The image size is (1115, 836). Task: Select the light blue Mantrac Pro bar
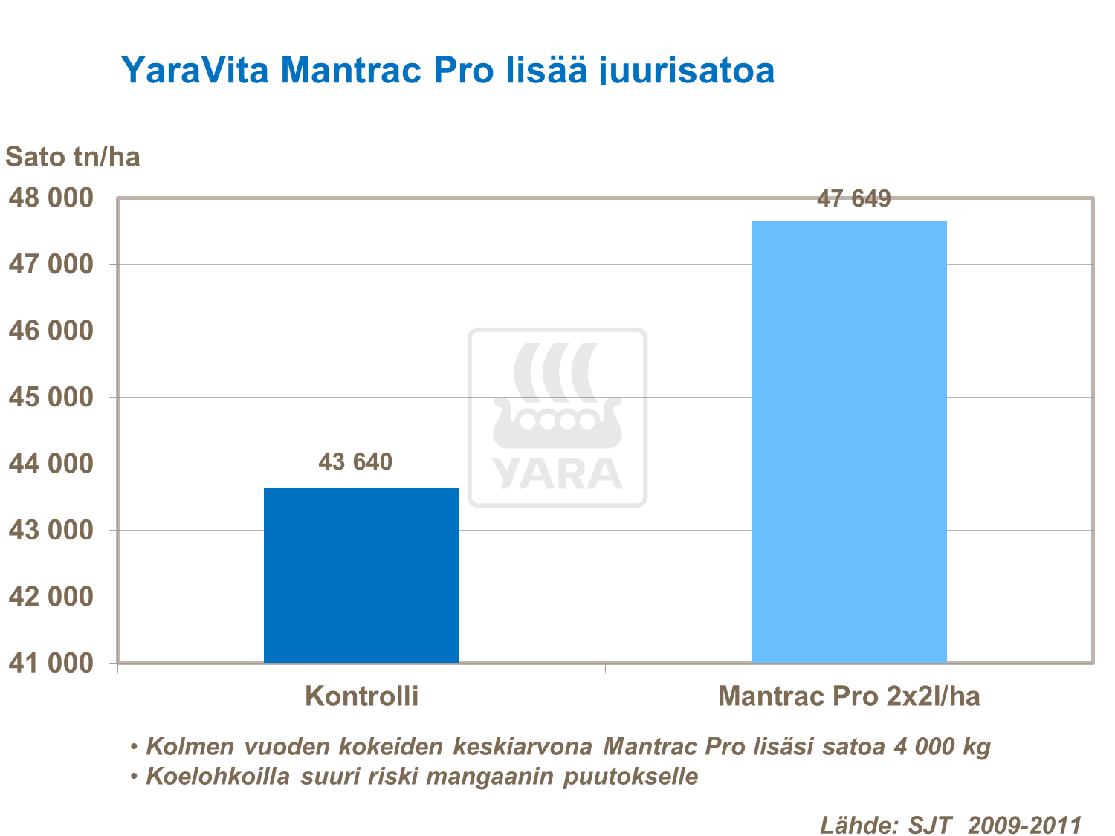849,441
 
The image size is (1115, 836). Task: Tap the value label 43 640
355,462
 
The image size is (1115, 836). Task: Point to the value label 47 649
853,199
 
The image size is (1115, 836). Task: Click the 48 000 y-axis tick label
51,198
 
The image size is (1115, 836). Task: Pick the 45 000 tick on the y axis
51,397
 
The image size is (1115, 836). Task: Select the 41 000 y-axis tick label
51,663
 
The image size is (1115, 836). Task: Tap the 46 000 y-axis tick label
51,331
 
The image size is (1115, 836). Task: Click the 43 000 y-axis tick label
51,530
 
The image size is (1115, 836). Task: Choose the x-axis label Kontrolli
362,696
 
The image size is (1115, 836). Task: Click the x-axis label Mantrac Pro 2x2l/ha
849,696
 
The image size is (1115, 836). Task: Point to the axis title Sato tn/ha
73,157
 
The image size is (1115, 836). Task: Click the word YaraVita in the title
195,71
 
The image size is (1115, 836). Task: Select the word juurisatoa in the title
688,71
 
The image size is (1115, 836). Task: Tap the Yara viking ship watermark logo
557,418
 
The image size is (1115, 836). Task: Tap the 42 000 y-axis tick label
51,597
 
